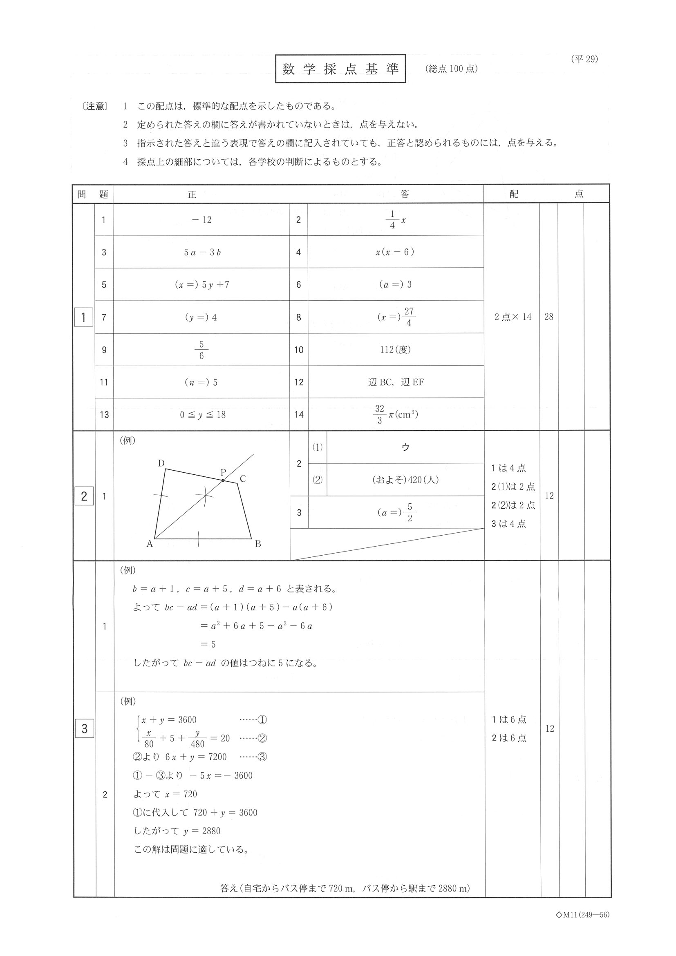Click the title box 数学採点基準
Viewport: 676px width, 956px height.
coord(340,69)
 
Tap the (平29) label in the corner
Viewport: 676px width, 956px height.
coord(584,59)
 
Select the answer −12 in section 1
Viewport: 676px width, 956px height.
coord(201,220)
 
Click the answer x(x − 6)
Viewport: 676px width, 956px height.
coord(395,252)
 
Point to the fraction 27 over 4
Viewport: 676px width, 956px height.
coord(408,317)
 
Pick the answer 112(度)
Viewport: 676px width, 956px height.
coord(395,349)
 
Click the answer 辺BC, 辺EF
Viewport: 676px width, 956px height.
coord(396,382)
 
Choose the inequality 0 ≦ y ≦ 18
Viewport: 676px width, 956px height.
coord(202,415)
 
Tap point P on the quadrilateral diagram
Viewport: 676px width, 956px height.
coord(223,480)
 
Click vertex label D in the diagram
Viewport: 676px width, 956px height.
coord(161,463)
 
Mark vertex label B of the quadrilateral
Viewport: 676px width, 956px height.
coord(258,543)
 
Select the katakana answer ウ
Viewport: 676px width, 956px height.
coord(405,447)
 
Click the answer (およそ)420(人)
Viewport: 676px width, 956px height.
coord(405,480)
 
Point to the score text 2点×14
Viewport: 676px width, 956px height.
coord(513,317)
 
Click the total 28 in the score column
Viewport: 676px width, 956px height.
coord(548,317)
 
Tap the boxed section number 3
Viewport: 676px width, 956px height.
coord(84,728)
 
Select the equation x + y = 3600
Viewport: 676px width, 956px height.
coord(169,719)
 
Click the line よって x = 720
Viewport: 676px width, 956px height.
coord(165,794)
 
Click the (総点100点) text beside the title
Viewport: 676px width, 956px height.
coord(451,69)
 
